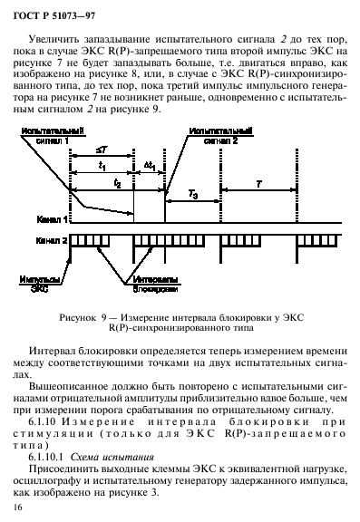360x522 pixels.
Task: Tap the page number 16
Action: click(20, 511)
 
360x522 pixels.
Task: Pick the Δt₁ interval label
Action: click(149, 166)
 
